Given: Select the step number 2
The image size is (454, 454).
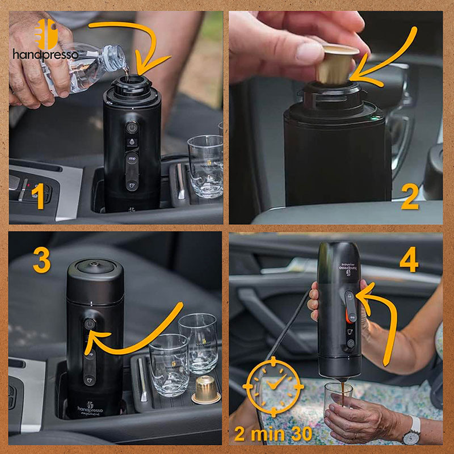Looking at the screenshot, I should point(409,197).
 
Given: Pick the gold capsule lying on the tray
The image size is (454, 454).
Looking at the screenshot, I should point(205,390).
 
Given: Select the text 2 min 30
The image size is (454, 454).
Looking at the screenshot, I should point(273,434).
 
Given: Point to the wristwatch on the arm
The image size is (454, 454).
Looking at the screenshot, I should point(411,431).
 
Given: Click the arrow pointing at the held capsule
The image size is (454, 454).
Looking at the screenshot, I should point(392,57).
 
